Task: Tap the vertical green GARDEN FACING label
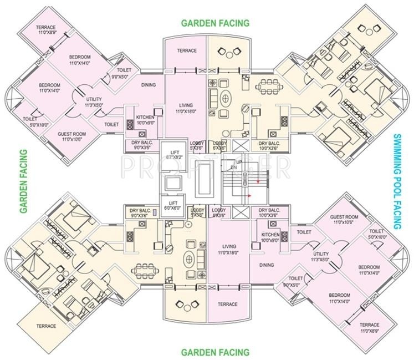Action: [x=24, y=181]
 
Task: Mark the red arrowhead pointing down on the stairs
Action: [x=258, y=181]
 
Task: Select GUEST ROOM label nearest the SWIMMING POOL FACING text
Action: [x=344, y=219]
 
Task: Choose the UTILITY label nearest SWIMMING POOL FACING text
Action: [x=321, y=256]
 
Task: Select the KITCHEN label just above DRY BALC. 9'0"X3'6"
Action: [x=145, y=120]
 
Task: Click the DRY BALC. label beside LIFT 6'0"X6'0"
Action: [x=141, y=213]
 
